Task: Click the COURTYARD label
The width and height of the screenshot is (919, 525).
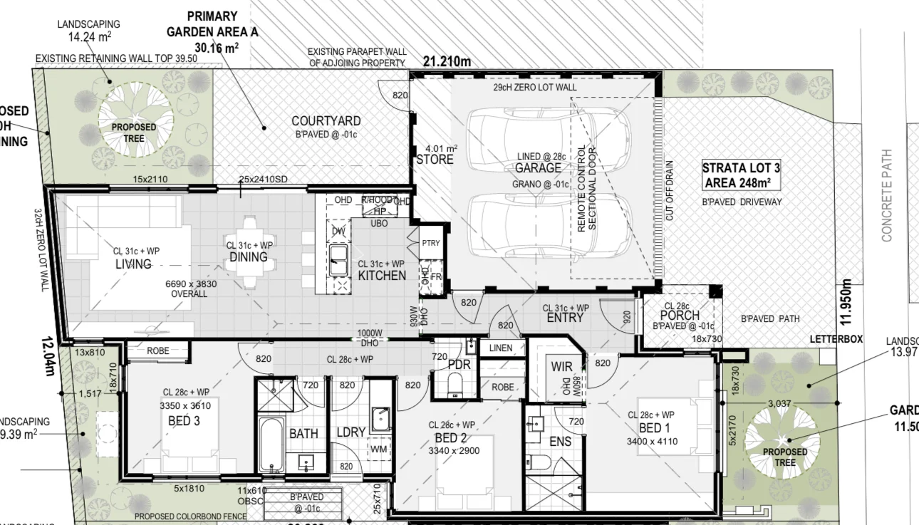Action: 326,121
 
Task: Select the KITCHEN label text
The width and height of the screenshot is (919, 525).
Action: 382,276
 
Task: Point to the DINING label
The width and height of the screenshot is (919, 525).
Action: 248,257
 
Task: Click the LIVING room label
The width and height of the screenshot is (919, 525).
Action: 134,264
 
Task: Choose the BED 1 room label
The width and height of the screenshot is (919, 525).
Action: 651,428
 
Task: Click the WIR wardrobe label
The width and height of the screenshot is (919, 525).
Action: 561,368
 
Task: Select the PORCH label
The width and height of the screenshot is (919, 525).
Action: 679,316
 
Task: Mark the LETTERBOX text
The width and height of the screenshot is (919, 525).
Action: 836,340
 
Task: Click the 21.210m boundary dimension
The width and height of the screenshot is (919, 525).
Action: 447,62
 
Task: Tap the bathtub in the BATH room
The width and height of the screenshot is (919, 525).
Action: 271,445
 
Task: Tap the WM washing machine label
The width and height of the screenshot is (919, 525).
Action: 378,449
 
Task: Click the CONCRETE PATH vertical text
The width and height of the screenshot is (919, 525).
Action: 887,195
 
